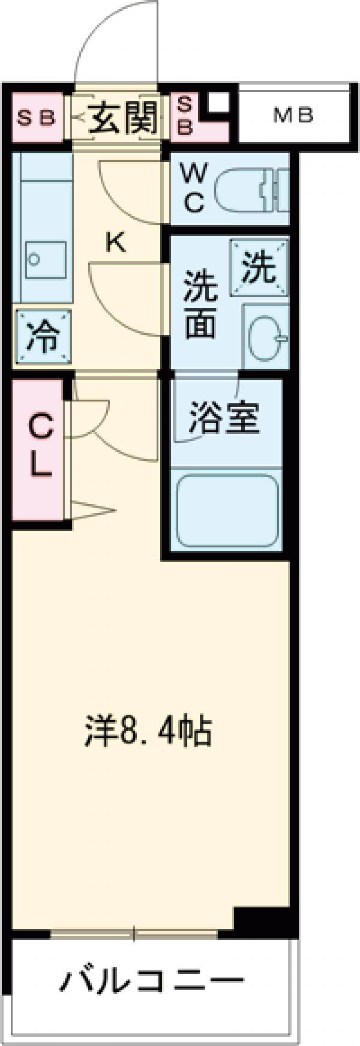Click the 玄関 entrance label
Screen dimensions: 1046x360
124,118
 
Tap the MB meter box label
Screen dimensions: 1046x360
293,115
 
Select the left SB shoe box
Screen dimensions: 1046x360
36,118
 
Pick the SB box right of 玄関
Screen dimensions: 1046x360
185,116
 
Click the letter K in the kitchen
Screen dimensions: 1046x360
115,242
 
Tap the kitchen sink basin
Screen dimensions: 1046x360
45,259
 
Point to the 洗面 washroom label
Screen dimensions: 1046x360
200,304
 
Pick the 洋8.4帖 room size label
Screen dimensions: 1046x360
148,730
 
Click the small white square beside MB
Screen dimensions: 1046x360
218,103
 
